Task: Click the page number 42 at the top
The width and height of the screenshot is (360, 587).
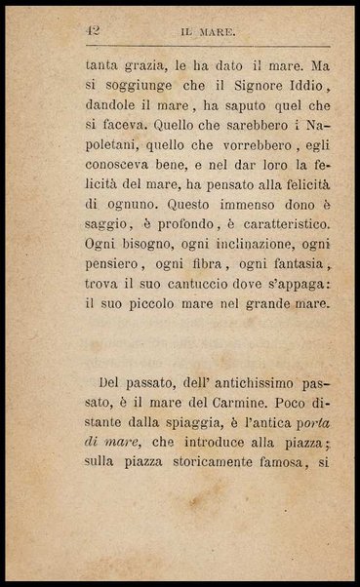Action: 94,31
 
